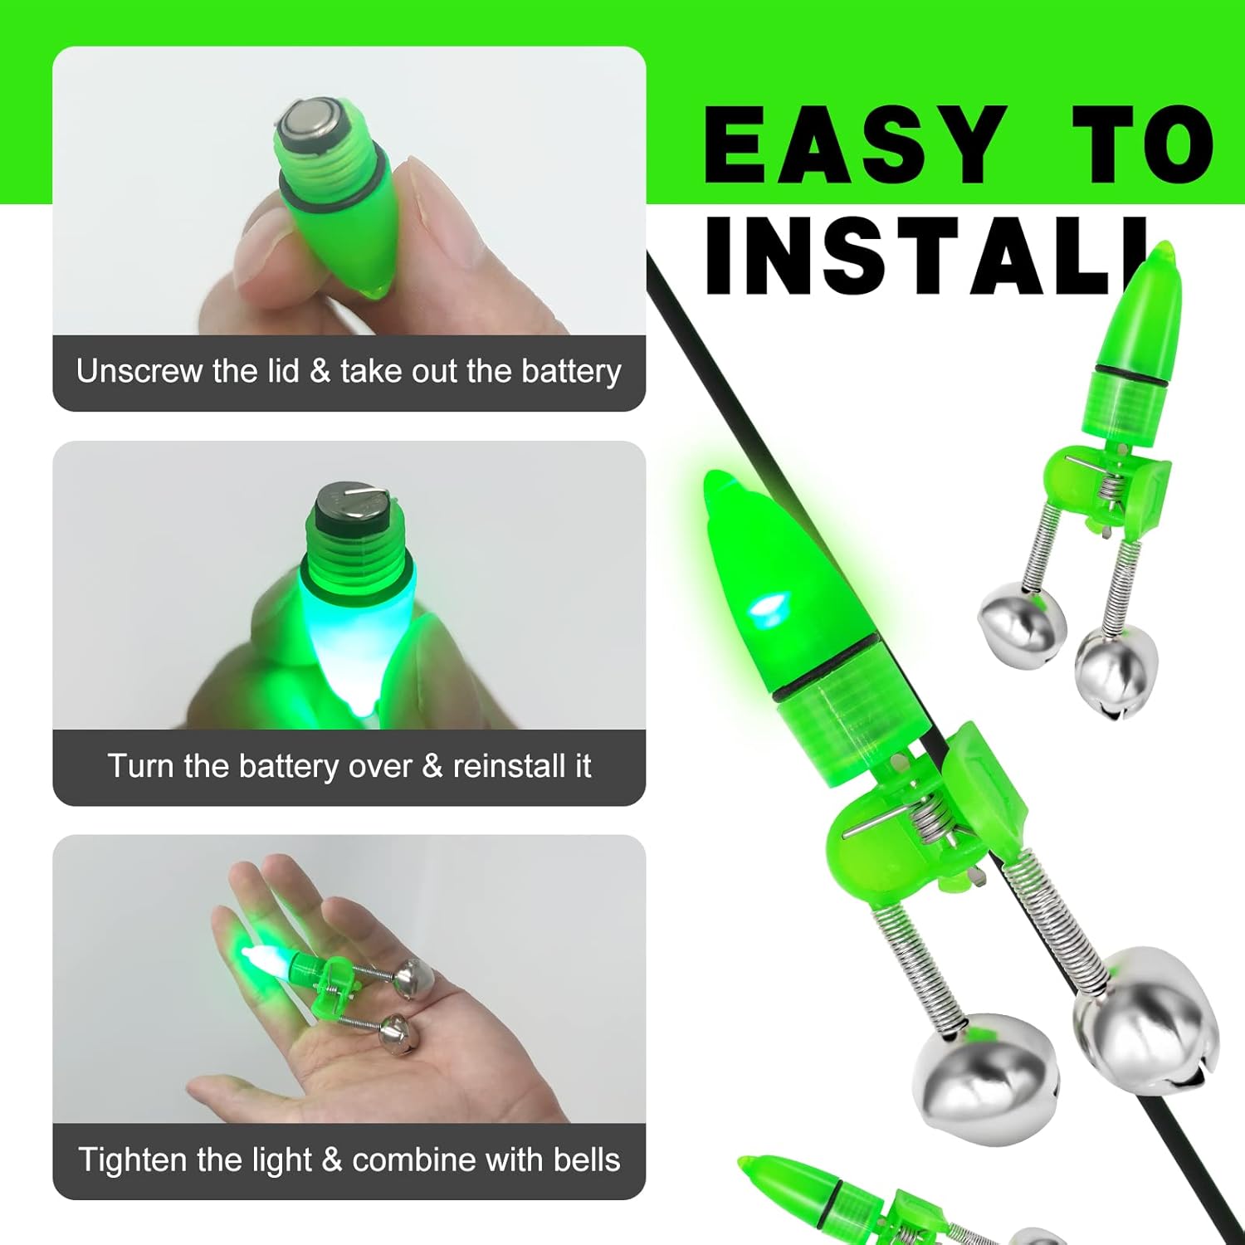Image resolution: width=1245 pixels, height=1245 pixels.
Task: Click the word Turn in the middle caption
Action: coord(141,765)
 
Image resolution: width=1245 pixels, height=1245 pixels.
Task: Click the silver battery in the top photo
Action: coord(309,122)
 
